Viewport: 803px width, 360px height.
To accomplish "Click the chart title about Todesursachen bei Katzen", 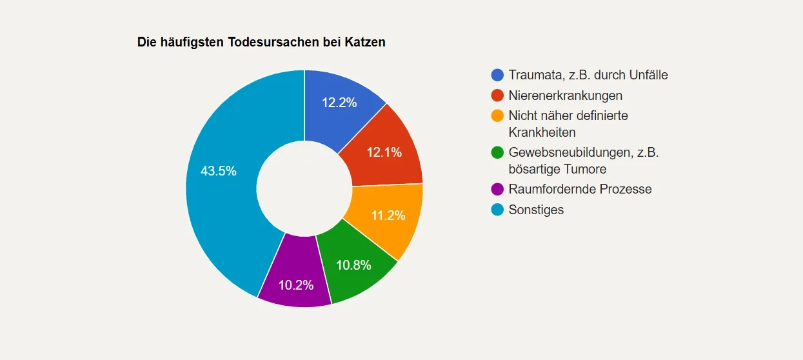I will [x=261, y=43].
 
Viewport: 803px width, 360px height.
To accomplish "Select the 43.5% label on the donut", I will [x=218, y=172].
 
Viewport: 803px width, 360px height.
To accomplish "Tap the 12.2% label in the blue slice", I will [x=339, y=102].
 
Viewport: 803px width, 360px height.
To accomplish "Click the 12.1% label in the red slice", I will [x=384, y=152].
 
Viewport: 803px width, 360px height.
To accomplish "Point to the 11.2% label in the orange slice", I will [x=388, y=215].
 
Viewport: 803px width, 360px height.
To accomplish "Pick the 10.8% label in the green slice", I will [x=354, y=265].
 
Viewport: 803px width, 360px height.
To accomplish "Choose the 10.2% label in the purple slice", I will [x=296, y=285].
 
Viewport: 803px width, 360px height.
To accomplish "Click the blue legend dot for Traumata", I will [x=497, y=75].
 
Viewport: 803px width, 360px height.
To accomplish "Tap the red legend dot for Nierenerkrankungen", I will [x=497, y=95].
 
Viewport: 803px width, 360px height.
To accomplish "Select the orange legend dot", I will [x=497, y=116].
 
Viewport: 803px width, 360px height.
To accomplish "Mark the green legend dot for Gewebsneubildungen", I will [x=497, y=153].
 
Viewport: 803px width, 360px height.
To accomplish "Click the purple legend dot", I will [x=497, y=189].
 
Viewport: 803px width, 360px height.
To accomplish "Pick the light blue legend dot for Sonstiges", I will [x=497, y=210].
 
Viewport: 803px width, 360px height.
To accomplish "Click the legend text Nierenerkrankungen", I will [x=565, y=95].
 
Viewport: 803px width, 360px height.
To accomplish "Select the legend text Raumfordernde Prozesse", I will [x=580, y=189].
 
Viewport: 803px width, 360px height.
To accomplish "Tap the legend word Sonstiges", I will [x=536, y=210].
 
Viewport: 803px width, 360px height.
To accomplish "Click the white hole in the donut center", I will [x=304, y=188].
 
